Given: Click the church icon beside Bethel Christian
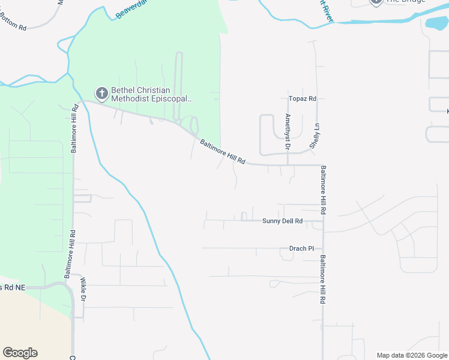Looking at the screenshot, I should coord(101,92).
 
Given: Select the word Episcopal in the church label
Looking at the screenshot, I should coord(171,98).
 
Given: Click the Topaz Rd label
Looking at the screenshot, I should coord(302,98).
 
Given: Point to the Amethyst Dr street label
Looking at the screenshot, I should coord(288,131).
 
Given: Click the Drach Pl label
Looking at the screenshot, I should coord(301,248).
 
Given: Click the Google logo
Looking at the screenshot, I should coord(20,353).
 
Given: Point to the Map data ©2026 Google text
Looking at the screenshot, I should coord(412,355).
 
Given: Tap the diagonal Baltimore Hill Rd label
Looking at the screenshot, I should coord(223,152).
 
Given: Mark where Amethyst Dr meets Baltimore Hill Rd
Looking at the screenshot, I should coord(288,164).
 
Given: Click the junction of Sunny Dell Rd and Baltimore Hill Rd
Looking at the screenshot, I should coord(323,221).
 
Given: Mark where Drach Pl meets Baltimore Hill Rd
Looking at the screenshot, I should coord(323,248).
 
